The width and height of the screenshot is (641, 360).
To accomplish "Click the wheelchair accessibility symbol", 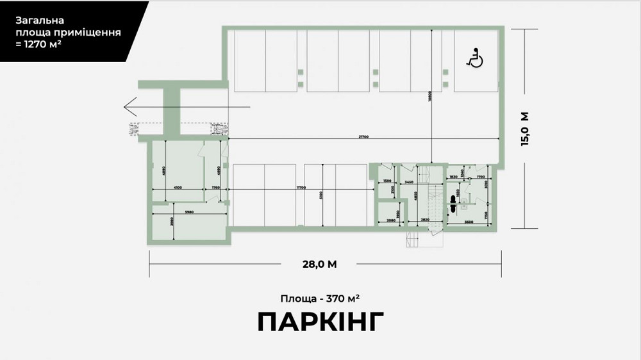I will (x=475, y=59).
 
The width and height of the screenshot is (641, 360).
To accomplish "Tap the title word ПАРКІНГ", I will (x=320, y=322).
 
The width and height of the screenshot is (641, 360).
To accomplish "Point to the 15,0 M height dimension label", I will (x=525, y=129).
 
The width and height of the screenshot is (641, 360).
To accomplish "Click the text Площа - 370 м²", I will (x=320, y=298).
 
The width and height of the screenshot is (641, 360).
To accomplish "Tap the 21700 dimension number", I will (x=363, y=137).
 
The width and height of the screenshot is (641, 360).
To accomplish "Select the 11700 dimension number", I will (x=300, y=187).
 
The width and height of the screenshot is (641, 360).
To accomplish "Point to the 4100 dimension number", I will (x=178, y=188).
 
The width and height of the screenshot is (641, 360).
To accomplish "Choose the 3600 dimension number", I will (x=469, y=222).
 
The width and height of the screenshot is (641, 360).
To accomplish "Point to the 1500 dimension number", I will (x=387, y=182).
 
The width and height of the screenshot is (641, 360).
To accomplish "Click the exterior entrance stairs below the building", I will (x=413, y=239).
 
